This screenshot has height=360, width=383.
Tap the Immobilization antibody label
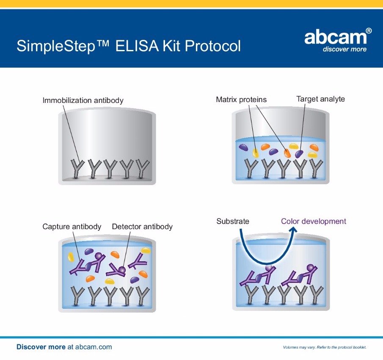83,100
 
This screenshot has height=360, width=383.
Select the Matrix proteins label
241,100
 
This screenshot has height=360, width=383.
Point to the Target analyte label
320,99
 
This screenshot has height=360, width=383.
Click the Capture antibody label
72,227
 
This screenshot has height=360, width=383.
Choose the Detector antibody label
142,227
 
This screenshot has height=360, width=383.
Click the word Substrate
233,222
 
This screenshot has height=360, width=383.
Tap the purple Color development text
314,222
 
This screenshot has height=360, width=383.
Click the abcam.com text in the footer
94,347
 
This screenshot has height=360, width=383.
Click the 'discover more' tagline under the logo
344,49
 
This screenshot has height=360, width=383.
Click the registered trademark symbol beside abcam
369,31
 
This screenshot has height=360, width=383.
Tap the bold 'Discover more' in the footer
41,347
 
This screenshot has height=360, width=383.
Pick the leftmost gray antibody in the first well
77,169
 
